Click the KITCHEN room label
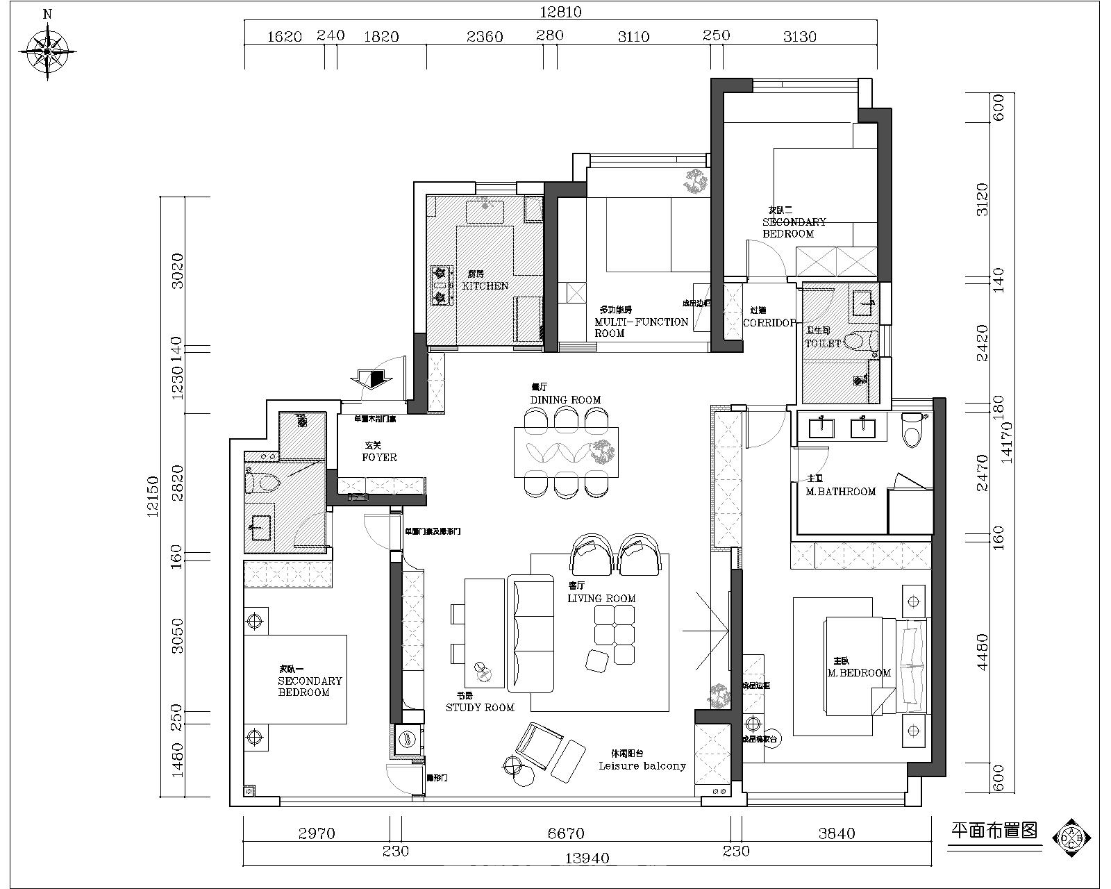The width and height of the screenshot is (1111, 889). tap(485, 285)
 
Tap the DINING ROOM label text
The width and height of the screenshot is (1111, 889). tap(565, 399)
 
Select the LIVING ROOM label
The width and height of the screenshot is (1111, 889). tap(601, 598)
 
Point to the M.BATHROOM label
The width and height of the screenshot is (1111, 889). tap(840, 491)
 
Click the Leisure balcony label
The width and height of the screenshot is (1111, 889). tap(642, 765)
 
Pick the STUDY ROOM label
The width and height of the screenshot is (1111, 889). tap(480, 707)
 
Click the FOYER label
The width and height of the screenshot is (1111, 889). tap(379, 457)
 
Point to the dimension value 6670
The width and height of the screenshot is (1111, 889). tap(566, 833)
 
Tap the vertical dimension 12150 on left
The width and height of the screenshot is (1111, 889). tap(153, 496)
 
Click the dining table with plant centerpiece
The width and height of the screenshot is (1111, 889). tap(565, 453)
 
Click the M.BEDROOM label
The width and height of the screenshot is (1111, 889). tap(858, 672)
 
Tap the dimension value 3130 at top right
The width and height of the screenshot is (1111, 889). tap(799, 36)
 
